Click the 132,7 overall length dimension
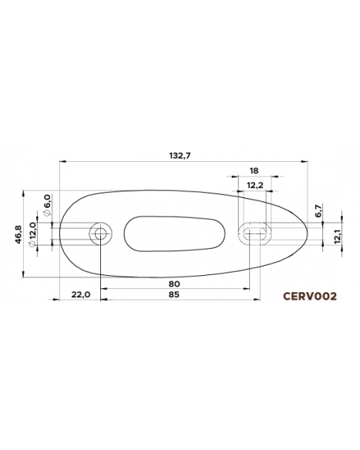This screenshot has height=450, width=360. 180,155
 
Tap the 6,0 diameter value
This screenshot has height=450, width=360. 47,202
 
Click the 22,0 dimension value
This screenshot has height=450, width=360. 80,294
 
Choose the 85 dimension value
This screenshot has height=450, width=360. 174,294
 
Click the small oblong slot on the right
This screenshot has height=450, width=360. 254,232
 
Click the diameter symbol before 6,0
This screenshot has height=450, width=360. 47,213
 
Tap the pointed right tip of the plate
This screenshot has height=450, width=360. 308,231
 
